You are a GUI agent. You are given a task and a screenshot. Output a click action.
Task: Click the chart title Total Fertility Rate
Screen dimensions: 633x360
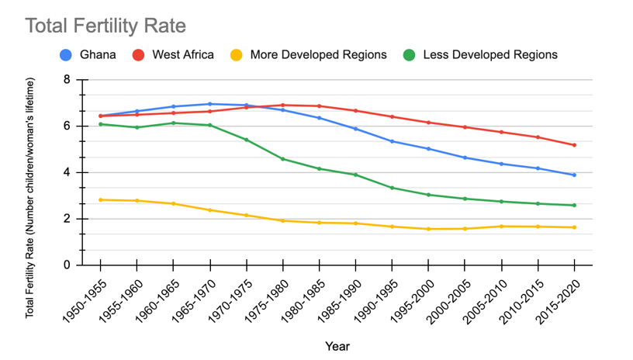(x=105, y=26)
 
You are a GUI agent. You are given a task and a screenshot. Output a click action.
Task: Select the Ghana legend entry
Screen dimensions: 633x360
(x=88, y=55)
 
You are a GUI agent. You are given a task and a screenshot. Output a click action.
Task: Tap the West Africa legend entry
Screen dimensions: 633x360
(x=173, y=55)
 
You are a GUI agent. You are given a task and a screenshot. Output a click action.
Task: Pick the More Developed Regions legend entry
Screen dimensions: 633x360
(x=308, y=55)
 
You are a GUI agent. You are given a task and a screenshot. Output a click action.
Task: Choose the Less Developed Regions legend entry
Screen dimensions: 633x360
(x=480, y=55)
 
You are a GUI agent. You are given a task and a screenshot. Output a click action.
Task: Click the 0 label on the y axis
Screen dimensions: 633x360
(x=67, y=265)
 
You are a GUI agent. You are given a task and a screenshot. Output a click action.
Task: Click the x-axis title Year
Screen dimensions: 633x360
(x=337, y=346)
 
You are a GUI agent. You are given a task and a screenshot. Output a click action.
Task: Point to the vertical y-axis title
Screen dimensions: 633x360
(x=30, y=198)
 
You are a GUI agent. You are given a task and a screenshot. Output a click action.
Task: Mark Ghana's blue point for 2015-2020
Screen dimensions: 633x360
(x=574, y=175)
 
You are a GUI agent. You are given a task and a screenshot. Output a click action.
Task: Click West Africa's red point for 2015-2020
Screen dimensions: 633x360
(x=574, y=145)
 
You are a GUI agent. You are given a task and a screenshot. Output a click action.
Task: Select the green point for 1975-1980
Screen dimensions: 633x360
(x=282, y=159)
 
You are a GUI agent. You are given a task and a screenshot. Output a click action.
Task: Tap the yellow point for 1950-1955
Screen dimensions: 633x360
(x=101, y=199)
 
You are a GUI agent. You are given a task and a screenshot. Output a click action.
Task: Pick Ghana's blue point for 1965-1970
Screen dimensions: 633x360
(x=210, y=104)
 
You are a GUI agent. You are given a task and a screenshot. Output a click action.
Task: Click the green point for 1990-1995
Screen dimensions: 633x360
(x=392, y=188)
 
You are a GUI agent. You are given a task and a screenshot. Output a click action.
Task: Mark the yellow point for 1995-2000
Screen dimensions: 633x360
(x=428, y=229)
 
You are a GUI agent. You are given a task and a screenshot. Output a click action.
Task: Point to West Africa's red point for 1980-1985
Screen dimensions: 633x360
(x=320, y=106)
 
